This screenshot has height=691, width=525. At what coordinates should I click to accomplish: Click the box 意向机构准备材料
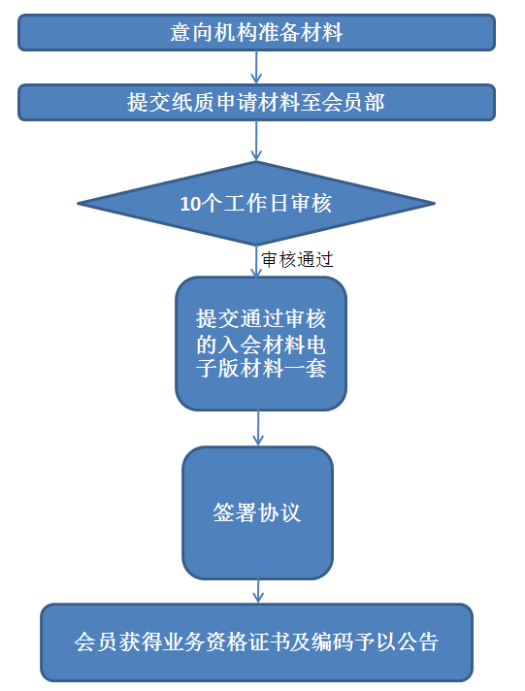[256, 33]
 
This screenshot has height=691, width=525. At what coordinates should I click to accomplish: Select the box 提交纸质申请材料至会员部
[256, 102]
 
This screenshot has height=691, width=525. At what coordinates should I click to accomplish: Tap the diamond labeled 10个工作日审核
[256, 204]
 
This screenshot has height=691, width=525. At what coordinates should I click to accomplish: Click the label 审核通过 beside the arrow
[297, 259]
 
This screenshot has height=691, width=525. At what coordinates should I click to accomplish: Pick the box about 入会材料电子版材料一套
[261, 344]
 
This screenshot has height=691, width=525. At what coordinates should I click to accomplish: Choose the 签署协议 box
[257, 512]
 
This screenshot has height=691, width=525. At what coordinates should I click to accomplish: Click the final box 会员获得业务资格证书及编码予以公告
[256, 642]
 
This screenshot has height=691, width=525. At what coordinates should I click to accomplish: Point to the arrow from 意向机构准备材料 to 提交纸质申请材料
[256, 67]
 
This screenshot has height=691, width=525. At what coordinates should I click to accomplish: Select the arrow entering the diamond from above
[256, 141]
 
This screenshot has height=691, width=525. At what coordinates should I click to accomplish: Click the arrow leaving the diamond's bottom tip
[256, 261]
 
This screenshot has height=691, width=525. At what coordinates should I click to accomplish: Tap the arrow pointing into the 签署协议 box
[258, 428]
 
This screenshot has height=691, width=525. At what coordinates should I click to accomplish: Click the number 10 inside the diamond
[191, 204]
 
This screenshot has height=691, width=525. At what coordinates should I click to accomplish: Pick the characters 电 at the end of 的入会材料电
[315, 345]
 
